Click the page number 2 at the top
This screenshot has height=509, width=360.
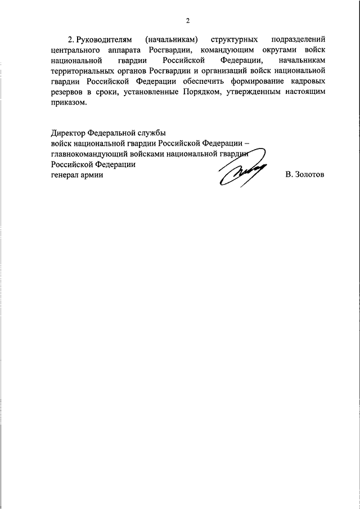pos(188,21)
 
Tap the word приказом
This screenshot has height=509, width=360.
pos(69,104)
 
